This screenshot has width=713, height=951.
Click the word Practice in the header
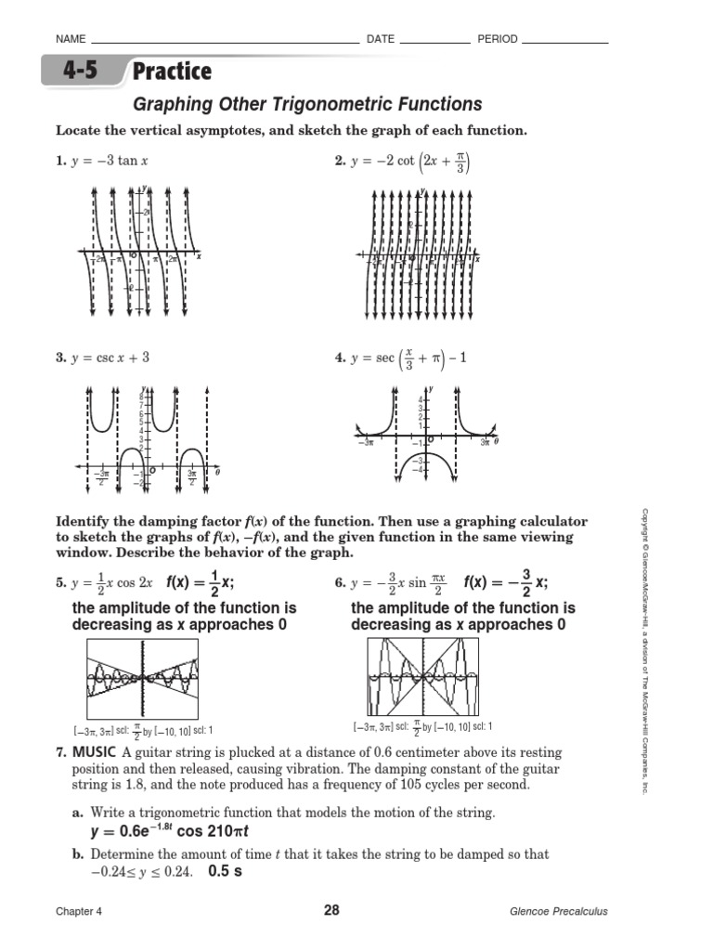172,72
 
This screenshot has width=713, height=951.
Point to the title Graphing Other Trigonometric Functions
308,104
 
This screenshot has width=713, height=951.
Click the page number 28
331,911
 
